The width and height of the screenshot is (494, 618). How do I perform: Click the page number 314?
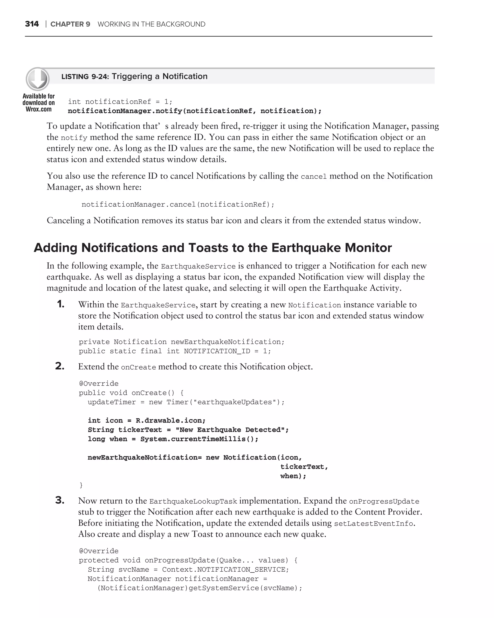click(32, 24)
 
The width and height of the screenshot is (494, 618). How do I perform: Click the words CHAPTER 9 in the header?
click(70, 24)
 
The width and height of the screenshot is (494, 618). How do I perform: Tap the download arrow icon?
click(38, 79)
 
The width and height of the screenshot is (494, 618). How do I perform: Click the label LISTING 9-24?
click(85, 77)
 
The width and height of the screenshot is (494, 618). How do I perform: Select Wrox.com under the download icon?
click(39, 109)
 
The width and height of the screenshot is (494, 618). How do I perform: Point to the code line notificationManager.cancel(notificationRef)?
click(178, 204)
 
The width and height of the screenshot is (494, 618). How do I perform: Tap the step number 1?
click(61, 304)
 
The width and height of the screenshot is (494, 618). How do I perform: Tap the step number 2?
click(60, 366)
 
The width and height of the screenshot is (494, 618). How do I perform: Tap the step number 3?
click(60, 500)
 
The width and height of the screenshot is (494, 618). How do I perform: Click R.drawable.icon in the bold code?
click(170, 421)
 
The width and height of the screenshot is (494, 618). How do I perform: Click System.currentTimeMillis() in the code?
click(199, 439)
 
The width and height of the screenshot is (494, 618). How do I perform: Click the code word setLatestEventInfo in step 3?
click(373, 524)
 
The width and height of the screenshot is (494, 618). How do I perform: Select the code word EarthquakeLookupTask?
click(193, 501)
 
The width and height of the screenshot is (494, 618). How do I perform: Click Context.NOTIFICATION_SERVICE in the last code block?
click(223, 569)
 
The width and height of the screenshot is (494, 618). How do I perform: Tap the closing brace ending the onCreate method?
click(81, 485)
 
